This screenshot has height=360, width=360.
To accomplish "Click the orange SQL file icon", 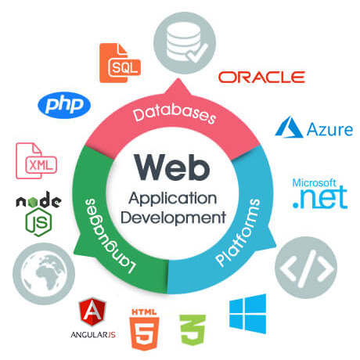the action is pyautogui.click(x=120, y=63).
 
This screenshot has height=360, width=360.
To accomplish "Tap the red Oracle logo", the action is pyautogui.click(x=261, y=77).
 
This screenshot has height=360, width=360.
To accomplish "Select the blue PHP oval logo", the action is pyautogui.click(x=64, y=105).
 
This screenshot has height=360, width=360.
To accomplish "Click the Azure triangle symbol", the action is pyautogui.click(x=289, y=127).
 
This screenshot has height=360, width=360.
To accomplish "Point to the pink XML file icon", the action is pyautogui.click(x=36, y=160).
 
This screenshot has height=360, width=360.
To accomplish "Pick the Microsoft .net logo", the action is pyautogui.click(x=320, y=193).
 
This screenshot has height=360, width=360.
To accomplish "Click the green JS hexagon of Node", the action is pyautogui.click(x=38, y=222).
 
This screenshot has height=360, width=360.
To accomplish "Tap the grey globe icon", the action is pyautogui.click(x=44, y=274).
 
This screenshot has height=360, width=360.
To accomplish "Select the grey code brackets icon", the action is pyautogui.click(x=306, y=268).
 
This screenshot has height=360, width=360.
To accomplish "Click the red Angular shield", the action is pyautogui.click(x=92, y=312).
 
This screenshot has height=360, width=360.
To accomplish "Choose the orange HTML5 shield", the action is pyautogui.click(x=144, y=329).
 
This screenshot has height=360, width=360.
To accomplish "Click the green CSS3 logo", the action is pyautogui.click(x=193, y=330).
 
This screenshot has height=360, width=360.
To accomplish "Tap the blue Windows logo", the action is pyautogui.click(x=248, y=314).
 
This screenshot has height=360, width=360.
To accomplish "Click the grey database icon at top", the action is pyautogui.click(x=185, y=43).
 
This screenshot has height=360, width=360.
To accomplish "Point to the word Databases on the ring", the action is pyautogui.click(x=175, y=114).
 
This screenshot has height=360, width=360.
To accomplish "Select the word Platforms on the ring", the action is pyautogui.click(x=238, y=232).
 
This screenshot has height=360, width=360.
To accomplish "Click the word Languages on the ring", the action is pyautogui.click(x=110, y=236).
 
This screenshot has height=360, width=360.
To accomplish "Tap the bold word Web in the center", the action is pyautogui.click(x=172, y=167).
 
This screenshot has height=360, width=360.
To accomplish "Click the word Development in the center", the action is pyautogui.click(x=173, y=218).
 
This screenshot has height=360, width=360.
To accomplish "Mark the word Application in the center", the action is pyautogui.click(x=173, y=200).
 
